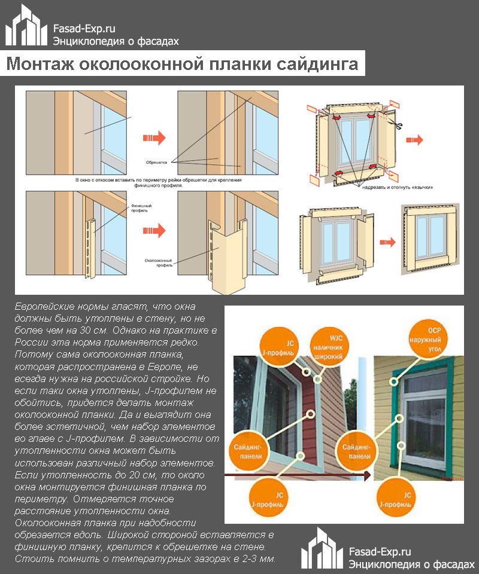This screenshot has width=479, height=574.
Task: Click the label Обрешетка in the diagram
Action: click(156, 162)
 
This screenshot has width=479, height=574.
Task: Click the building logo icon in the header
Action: click(27, 27)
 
